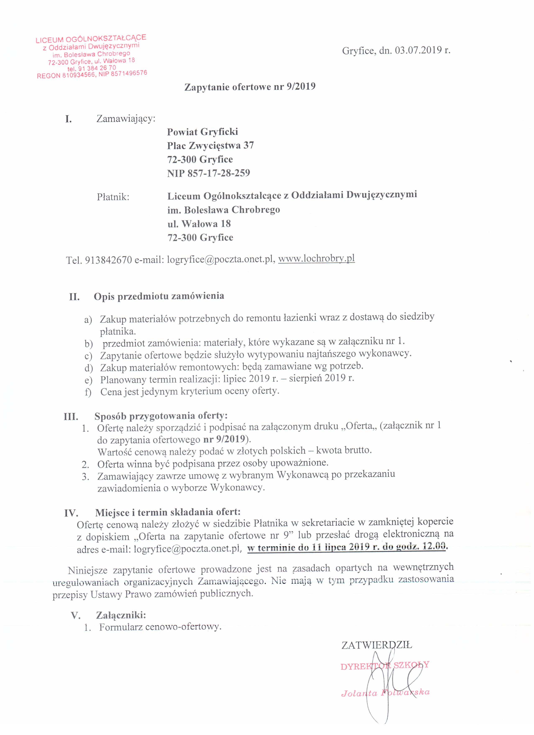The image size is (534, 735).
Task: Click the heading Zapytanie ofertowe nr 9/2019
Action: point(250,87)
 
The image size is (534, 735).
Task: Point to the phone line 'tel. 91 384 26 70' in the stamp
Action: point(92,68)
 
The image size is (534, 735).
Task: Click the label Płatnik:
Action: point(113,197)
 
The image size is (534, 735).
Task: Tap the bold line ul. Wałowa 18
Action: point(199,224)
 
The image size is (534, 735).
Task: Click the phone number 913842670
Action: point(108,260)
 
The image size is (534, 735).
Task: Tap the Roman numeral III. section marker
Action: point(71,417)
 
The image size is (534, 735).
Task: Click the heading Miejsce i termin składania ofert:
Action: point(168,512)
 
